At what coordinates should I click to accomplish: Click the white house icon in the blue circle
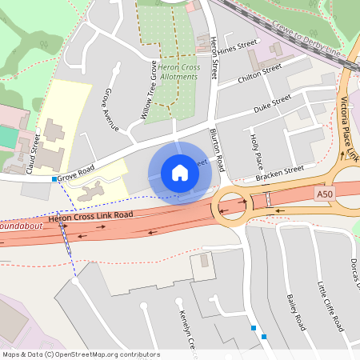180,172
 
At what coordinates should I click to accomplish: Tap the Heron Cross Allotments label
178,72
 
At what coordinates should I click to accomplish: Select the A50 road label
324,194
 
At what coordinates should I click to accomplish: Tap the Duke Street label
272,105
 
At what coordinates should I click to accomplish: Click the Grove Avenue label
110,110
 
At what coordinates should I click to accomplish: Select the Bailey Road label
295,311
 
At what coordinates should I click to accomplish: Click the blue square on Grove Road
54,179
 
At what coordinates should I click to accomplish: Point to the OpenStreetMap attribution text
80,354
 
